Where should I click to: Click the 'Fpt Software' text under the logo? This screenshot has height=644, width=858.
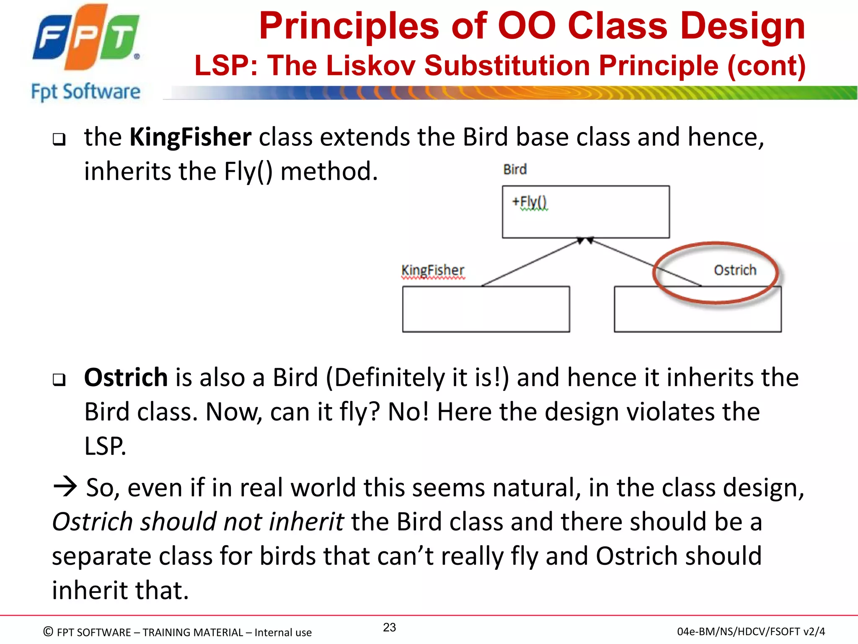pyautogui.click(x=85, y=92)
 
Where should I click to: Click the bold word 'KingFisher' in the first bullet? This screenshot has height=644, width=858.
pyautogui.click(x=190, y=137)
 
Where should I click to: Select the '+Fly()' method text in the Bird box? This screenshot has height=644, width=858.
pyautogui.click(x=530, y=202)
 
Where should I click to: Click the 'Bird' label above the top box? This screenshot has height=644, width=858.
pyautogui.click(x=515, y=169)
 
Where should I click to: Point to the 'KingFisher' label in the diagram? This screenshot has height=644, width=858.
pyautogui.click(x=433, y=270)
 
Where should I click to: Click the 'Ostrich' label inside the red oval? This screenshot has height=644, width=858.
pyautogui.click(x=735, y=270)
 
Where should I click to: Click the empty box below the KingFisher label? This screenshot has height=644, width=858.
pyautogui.click(x=486, y=309)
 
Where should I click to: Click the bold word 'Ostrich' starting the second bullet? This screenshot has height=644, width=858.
pyautogui.click(x=126, y=377)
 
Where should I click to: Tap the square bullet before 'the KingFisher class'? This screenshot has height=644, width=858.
pyautogui.click(x=59, y=139)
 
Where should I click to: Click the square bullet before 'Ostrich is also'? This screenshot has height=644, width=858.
pyautogui.click(x=59, y=379)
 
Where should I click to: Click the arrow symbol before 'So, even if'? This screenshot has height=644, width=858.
pyautogui.click(x=65, y=487)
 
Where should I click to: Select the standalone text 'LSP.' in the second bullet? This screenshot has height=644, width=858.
pyautogui.click(x=105, y=446)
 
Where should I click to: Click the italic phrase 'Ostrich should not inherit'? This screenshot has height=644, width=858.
pyautogui.click(x=198, y=522)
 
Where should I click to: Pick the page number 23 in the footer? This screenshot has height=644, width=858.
pyautogui.click(x=389, y=627)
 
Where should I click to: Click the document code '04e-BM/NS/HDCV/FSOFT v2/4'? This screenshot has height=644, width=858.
pyautogui.click(x=751, y=631)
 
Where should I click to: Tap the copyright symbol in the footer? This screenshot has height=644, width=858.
pyautogui.click(x=48, y=631)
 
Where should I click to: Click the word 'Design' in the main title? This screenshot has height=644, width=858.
pyautogui.click(x=742, y=26)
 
